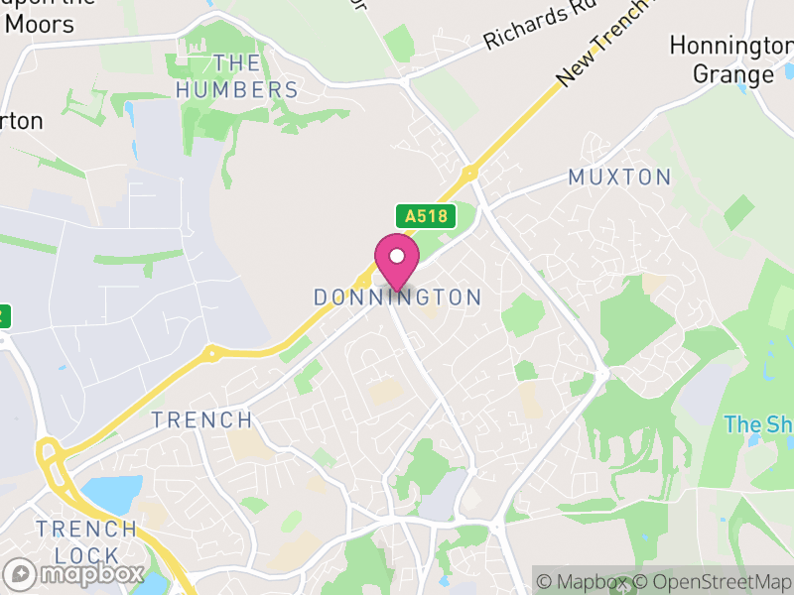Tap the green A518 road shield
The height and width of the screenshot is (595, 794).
pos(425,216)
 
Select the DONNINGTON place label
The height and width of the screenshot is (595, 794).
pos(397,297)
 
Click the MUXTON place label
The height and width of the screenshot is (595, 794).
pos(619,178)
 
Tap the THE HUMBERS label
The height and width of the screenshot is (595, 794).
pos(237,76)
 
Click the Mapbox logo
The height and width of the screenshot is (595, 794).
pos(75,573)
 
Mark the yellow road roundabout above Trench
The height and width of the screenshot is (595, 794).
pos(209,353)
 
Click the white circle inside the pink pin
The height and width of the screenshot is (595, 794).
pos(397,256)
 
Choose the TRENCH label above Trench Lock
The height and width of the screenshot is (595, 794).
pos(201,419)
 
